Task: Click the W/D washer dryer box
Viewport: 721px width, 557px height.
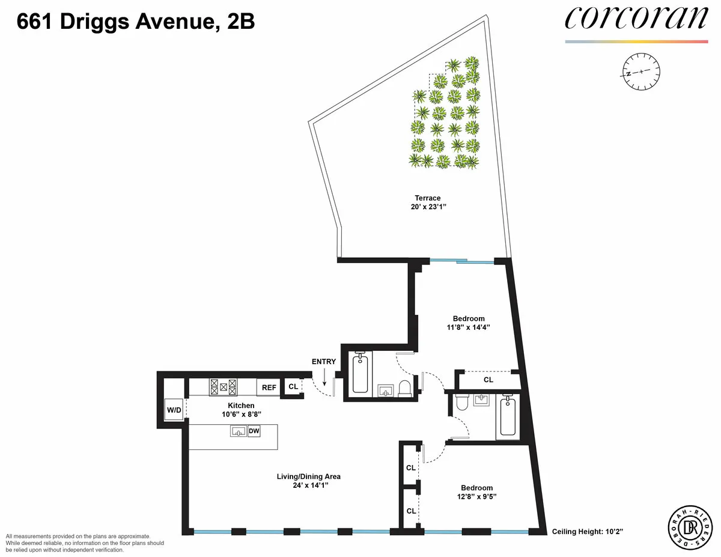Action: click(174, 410)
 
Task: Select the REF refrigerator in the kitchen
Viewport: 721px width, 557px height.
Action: click(269, 388)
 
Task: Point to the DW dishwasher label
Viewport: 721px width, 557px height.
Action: click(254, 431)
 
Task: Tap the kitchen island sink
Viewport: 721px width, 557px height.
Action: click(239, 431)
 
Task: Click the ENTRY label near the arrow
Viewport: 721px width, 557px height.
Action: click(323, 362)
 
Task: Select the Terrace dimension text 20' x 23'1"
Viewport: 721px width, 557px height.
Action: click(427, 207)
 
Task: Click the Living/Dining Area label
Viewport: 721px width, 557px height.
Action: click(308, 476)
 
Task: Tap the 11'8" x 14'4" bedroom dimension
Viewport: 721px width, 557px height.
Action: click(468, 328)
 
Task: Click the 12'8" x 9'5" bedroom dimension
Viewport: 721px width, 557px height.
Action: click(476, 497)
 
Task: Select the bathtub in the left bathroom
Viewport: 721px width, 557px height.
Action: click(360, 374)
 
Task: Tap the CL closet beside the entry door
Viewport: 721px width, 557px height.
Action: click(293, 387)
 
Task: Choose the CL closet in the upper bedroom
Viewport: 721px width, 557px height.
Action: click(488, 380)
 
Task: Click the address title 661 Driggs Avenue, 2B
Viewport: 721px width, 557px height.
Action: click(136, 22)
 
